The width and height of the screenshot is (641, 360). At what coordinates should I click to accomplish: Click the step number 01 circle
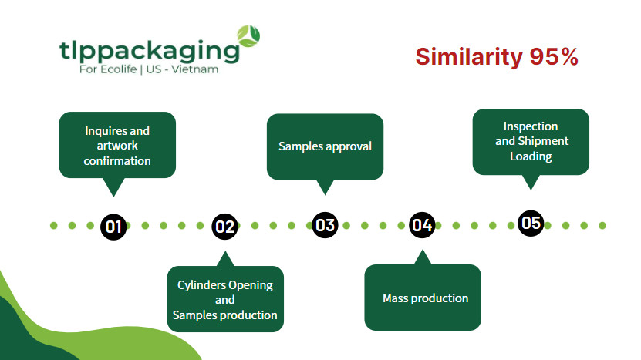[x=114, y=226]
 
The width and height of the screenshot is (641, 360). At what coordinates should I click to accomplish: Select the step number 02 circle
[x=224, y=226]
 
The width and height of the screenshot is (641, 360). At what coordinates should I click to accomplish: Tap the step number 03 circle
[x=326, y=225]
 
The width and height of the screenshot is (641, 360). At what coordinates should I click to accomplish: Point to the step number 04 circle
[x=421, y=225]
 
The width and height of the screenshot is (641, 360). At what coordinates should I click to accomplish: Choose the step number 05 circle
[x=531, y=223]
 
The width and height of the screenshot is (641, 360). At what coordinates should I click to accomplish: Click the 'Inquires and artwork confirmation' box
[x=117, y=145]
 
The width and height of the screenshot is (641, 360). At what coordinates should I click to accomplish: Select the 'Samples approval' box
[x=325, y=146]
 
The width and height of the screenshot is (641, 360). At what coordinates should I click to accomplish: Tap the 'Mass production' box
[x=423, y=298]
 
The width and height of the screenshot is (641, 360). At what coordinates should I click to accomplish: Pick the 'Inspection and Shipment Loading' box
[x=531, y=141]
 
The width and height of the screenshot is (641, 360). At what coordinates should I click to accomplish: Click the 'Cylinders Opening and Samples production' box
[x=225, y=299]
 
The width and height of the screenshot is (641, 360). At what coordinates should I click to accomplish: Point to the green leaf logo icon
[x=248, y=35]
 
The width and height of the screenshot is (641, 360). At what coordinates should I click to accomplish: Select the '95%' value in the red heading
[x=553, y=57]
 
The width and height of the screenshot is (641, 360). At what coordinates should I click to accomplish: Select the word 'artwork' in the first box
[x=117, y=146]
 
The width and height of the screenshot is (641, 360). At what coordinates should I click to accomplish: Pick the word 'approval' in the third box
[x=348, y=146]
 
